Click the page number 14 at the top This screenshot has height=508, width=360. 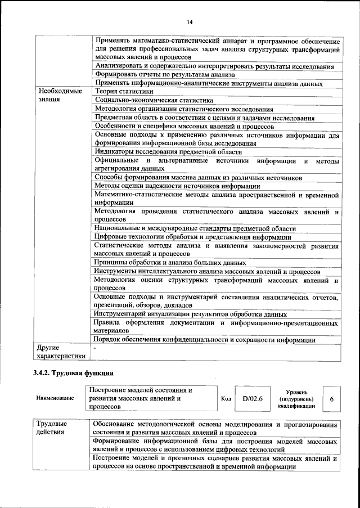(x=190, y=22)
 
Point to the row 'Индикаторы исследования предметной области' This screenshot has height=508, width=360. (x=160, y=152)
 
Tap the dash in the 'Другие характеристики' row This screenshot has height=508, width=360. (x=96, y=348)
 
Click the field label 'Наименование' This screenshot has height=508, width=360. (x=55, y=398)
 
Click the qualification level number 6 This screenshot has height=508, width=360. (x=332, y=398)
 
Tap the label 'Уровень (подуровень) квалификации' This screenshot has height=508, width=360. (x=296, y=398)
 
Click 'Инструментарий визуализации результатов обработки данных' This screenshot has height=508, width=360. (x=191, y=314)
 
